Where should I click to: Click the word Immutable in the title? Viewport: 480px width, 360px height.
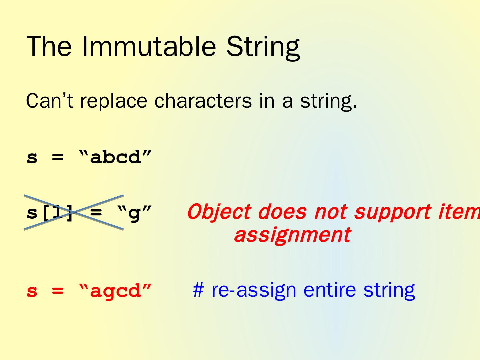click(x=149, y=46)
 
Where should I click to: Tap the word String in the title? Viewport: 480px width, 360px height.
click(x=263, y=48)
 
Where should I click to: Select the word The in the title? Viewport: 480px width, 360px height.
click(x=49, y=46)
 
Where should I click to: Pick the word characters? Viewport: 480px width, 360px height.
click(x=203, y=101)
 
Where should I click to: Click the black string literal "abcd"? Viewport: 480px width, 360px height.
click(x=115, y=157)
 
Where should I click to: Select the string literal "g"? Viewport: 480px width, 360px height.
click(x=134, y=213)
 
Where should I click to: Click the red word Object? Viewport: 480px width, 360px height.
click(x=219, y=212)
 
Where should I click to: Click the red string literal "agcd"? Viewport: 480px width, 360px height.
click(x=115, y=291)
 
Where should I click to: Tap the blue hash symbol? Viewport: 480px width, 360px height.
click(x=198, y=290)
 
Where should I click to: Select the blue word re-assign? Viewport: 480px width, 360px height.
click(x=254, y=290)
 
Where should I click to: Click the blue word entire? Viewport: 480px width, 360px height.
click(x=330, y=290)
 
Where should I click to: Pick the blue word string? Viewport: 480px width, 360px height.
click(x=389, y=290)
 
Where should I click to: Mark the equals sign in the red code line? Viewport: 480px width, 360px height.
click(x=58, y=291)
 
